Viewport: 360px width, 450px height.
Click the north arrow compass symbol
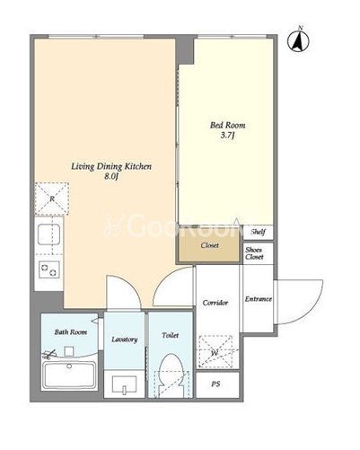298,40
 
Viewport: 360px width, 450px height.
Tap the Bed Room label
228,125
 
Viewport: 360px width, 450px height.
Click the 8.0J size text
111,177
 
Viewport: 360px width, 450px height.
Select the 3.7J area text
227,136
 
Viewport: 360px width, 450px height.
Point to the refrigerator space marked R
52,199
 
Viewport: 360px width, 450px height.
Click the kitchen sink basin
48,234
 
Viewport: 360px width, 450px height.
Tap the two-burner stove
49,269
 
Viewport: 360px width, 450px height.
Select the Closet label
209,245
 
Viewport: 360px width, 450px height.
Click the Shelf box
258,232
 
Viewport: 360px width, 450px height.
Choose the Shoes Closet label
254,253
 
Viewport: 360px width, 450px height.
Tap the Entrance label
259,299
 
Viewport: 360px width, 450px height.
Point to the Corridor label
215,303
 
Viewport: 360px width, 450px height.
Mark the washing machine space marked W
215,351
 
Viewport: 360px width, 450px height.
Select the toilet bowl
171,375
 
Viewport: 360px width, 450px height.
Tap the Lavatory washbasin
124,385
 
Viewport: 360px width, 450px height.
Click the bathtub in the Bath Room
69,375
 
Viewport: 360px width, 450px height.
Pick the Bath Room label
71,332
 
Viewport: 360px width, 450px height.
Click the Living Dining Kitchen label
111,167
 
